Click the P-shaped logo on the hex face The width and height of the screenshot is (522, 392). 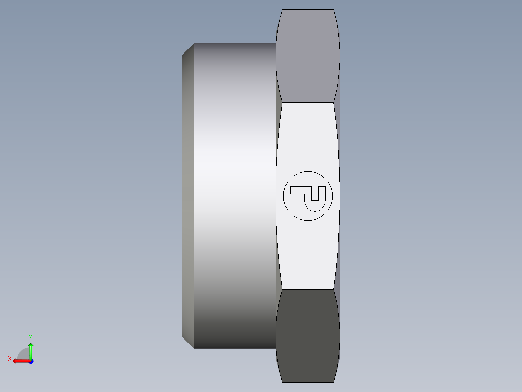click(308, 196)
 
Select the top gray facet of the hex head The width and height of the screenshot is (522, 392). click(307, 56)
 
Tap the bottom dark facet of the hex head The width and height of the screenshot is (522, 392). click(307, 335)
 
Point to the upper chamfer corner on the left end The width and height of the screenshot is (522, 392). click(188, 49)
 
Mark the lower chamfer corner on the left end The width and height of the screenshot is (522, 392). click(188, 343)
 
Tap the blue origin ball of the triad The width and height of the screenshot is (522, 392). click(31, 361)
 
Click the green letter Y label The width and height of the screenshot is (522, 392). click(30, 337)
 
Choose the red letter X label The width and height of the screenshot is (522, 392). click(9, 359)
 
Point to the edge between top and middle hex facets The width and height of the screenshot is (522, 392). click(307, 102)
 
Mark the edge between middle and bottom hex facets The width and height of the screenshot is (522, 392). click(307, 290)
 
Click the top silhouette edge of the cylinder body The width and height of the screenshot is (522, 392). click(235, 44)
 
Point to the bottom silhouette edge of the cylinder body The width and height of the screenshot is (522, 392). click(235, 348)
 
